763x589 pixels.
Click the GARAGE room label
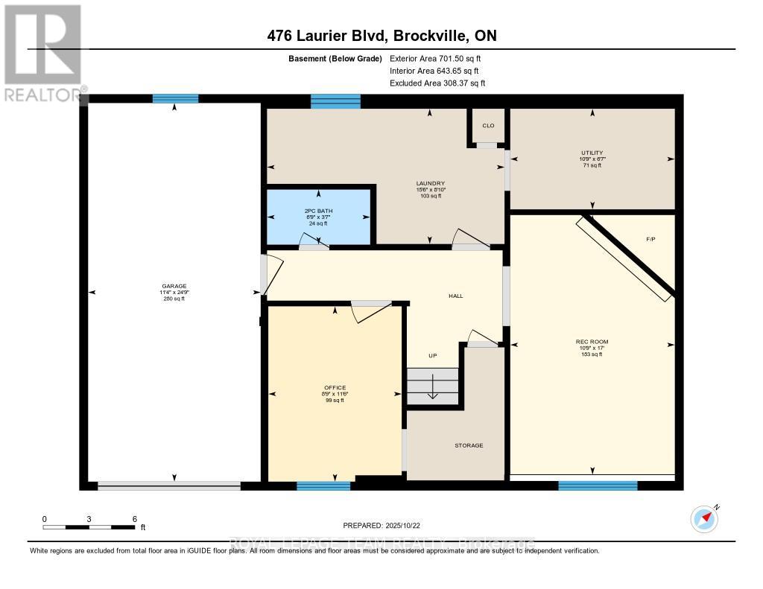pos(174,286)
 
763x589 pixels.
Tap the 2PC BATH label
pos(320,211)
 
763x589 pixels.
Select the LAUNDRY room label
pos(431,183)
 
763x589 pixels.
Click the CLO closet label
pos(488,125)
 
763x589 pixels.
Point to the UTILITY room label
pos(592,153)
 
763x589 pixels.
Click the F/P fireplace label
pos(650,240)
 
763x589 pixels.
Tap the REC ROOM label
pos(592,342)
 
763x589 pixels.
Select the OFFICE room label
pos(335,388)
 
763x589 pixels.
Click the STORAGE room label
pos(469,445)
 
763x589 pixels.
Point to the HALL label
pos(455,296)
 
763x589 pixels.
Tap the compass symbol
pos(704,518)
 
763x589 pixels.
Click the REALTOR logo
pos(42,53)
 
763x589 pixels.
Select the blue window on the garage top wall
pos(175,98)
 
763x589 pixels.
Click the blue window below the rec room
pos(598,485)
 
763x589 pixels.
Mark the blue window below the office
pos(323,486)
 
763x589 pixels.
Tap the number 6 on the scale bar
pos(134,518)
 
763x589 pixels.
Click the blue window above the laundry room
pos(335,101)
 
